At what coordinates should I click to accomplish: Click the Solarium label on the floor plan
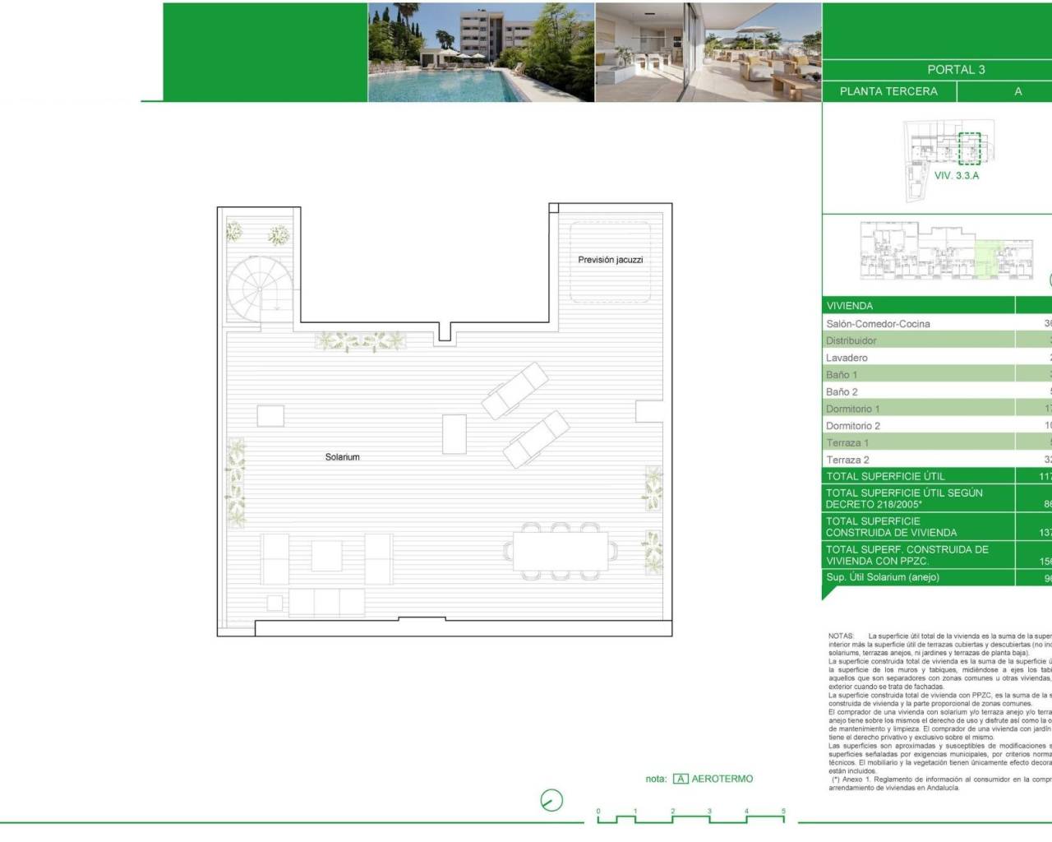pyautogui.click(x=342, y=457)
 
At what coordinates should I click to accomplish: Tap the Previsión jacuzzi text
pyautogui.click(x=610, y=260)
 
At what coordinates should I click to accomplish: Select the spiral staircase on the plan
pyautogui.click(x=259, y=289)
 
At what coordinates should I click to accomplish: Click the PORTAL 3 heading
pyautogui.click(x=956, y=70)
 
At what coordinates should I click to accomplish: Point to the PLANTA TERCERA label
pyautogui.click(x=888, y=91)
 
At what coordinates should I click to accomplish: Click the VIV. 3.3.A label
pyautogui.click(x=957, y=176)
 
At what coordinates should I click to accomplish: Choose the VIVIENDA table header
pyautogui.click(x=850, y=306)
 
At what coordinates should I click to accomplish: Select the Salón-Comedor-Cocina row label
pyautogui.click(x=878, y=324)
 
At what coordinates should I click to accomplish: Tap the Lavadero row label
pyautogui.click(x=847, y=358)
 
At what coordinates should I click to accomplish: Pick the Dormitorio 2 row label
pyautogui.click(x=853, y=426)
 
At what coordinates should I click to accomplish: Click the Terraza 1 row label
pyautogui.click(x=847, y=443)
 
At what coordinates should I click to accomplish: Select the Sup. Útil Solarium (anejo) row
pyautogui.click(x=883, y=577)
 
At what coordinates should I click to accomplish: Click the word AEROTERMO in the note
pyautogui.click(x=722, y=779)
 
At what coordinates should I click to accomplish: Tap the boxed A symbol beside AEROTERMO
pyautogui.click(x=681, y=779)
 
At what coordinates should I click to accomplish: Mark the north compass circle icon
pyautogui.click(x=551, y=800)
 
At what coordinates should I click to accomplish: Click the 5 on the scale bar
pyautogui.click(x=783, y=812)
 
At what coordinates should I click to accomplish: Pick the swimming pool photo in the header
pyautogui.click(x=481, y=52)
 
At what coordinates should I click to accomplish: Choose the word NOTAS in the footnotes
pyautogui.click(x=842, y=636)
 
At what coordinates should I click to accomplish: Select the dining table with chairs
pyautogui.click(x=561, y=551)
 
